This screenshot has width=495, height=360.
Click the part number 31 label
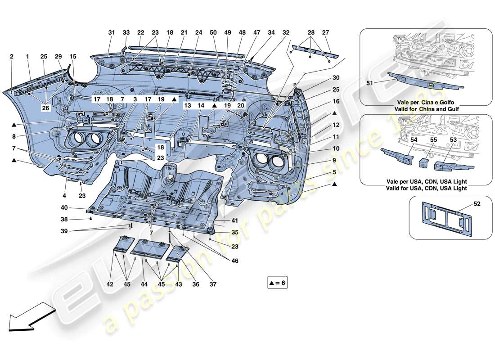point(112,32)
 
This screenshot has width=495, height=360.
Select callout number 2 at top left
point(12,57)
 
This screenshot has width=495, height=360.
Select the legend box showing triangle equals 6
point(277,283)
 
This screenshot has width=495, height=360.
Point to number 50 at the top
point(213,32)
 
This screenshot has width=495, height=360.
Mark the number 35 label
point(234,233)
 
